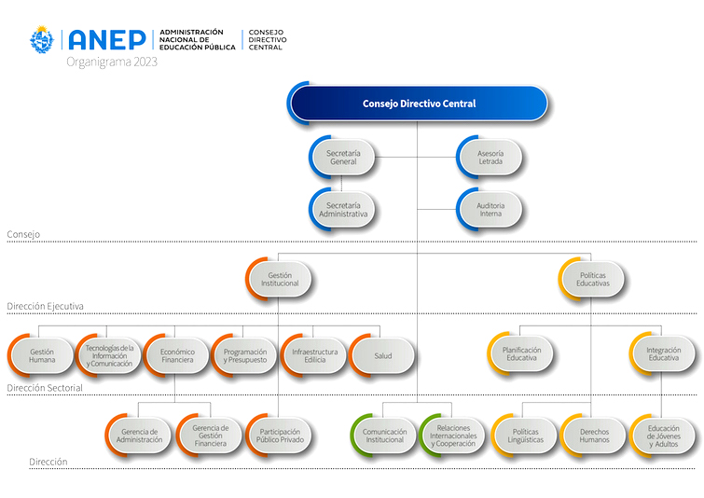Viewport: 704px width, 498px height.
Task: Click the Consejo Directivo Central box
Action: coord(419,104)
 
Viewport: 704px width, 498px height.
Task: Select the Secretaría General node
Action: coord(343,157)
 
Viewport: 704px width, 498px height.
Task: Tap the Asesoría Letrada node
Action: coord(490,157)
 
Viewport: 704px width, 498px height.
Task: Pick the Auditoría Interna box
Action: coord(490,209)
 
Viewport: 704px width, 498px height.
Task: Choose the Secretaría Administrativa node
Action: coord(343,209)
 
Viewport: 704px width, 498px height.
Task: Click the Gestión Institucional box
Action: coord(280,279)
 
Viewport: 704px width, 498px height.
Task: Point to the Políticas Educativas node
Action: coord(593,279)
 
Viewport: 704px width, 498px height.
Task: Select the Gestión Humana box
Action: coord(41,354)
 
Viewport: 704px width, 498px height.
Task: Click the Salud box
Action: coord(383,354)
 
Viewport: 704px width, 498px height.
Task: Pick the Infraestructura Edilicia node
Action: coord(314,354)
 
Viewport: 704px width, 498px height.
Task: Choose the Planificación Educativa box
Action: coord(521,354)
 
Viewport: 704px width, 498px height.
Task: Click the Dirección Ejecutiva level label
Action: coord(45,306)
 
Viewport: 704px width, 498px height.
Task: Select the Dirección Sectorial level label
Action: coord(44,387)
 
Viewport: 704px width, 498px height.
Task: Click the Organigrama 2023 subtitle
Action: coord(112,62)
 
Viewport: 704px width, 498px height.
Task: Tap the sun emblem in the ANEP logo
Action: coord(43,40)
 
